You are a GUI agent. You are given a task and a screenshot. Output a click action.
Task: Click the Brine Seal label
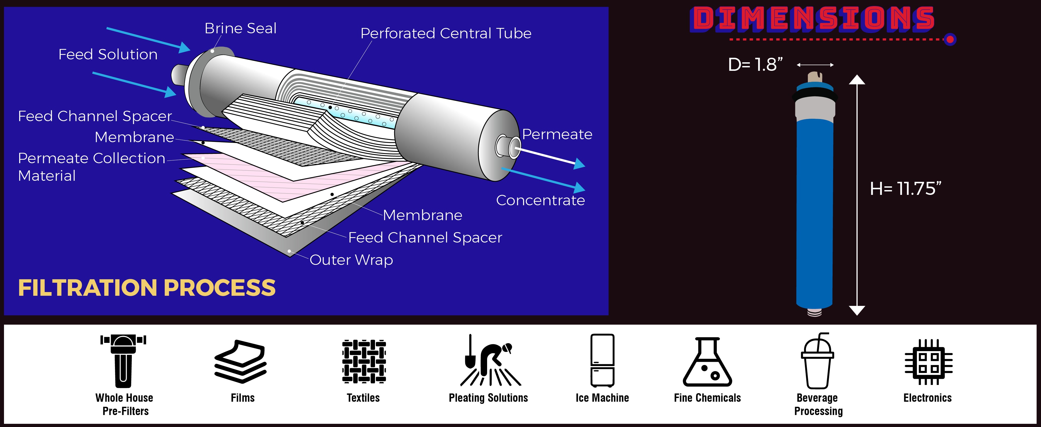click(240, 28)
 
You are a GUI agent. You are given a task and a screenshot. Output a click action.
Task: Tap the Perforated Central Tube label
click(446, 33)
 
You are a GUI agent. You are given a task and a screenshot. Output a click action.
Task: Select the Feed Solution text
click(108, 54)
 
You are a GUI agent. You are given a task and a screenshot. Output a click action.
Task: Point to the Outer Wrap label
click(351, 260)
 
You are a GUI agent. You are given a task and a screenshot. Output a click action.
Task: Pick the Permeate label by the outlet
click(557, 134)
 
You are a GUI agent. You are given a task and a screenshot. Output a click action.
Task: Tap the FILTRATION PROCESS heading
click(147, 288)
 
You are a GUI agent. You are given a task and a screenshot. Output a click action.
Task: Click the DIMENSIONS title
click(813, 19)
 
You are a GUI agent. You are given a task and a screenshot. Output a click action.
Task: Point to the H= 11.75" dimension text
click(905, 189)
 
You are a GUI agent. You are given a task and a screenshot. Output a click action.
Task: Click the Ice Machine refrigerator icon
click(602, 360)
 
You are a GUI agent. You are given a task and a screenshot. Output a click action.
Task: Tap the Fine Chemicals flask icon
click(707, 362)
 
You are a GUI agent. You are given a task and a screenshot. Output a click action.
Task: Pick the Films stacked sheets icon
click(241, 362)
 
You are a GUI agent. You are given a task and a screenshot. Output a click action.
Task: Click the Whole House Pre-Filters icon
click(123, 360)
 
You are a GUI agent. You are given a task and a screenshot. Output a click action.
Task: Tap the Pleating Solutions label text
click(488, 398)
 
